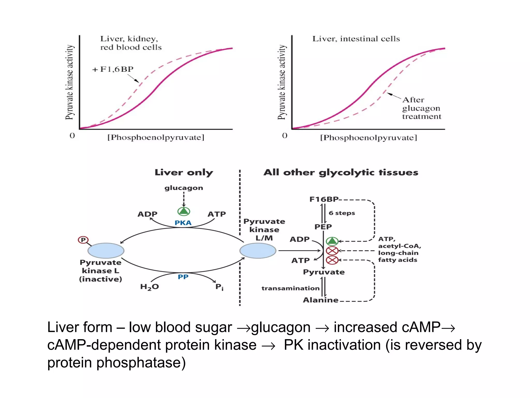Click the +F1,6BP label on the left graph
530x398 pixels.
(x=113, y=69)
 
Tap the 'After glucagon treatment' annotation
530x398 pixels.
(x=421, y=108)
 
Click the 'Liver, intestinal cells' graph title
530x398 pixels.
(x=356, y=39)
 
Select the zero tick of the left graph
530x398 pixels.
(x=72, y=136)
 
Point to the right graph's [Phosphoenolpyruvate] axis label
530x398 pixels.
(x=368, y=138)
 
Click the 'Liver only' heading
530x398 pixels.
(x=184, y=173)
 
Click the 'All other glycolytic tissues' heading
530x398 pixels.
(x=341, y=173)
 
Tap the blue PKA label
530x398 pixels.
(x=183, y=223)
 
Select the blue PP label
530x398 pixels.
(x=183, y=277)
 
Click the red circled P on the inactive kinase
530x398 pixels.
(x=83, y=240)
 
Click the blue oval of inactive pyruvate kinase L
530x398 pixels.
(x=106, y=251)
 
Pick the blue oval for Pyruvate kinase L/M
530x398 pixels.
(x=258, y=251)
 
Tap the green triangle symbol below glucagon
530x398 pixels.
(x=184, y=211)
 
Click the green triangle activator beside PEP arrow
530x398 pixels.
(x=332, y=241)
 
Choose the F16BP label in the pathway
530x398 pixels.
(x=324, y=199)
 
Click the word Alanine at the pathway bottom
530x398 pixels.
(x=320, y=300)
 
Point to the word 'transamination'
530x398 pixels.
(x=290, y=288)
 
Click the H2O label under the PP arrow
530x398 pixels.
(x=149, y=287)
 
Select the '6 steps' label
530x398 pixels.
(x=342, y=213)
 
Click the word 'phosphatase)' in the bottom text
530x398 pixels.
(x=141, y=363)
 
